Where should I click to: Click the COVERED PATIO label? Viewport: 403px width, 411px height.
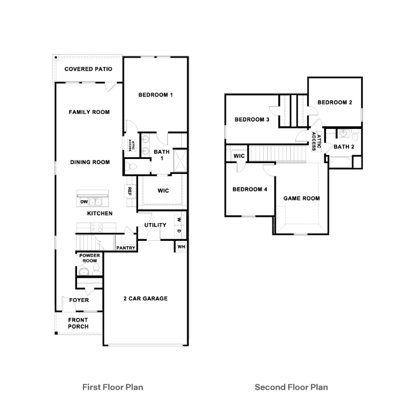(x=88, y=69)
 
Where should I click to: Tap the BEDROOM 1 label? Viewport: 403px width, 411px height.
(x=155, y=95)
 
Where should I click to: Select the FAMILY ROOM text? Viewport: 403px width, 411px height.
(x=89, y=112)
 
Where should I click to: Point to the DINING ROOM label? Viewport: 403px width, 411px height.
(x=89, y=162)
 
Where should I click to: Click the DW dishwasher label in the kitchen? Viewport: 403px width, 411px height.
(x=83, y=202)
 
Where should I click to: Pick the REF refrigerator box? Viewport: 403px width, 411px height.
(x=130, y=191)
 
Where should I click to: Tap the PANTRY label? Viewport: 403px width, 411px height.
(x=126, y=248)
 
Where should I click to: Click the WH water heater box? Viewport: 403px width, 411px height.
(x=181, y=247)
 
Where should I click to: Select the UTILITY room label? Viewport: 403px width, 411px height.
(x=155, y=225)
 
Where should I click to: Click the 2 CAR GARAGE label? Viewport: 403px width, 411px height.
(x=146, y=299)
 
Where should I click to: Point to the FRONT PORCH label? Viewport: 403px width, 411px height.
(x=78, y=323)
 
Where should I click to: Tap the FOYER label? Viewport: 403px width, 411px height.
(x=79, y=300)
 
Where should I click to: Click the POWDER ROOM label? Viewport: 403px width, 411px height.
(x=89, y=258)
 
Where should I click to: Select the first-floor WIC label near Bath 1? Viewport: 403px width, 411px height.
(x=163, y=191)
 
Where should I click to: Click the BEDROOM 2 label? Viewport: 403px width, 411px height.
(x=334, y=102)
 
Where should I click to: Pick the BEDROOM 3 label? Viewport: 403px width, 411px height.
(x=252, y=119)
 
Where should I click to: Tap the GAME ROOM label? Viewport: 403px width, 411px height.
(x=301, y=198)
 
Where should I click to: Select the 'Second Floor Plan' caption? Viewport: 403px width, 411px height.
(x=291, y=387)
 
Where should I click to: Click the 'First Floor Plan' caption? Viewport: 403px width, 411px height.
(x=112, y=387)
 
